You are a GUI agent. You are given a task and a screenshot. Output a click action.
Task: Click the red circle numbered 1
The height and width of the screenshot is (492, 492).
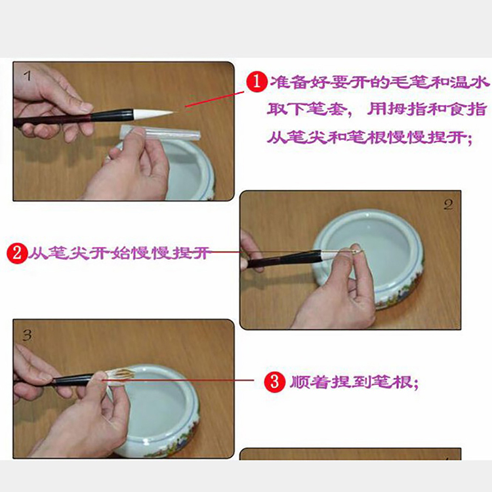click(256, 81)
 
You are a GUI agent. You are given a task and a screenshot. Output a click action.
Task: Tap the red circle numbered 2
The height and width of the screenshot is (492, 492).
click(17, 253)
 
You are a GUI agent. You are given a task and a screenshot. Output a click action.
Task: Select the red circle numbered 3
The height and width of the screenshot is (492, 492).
click(274, 382)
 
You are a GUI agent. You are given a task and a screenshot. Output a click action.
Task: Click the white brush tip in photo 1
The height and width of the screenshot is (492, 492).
click(154, 114)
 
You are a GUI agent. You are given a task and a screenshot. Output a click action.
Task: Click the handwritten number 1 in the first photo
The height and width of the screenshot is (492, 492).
click(27, 75)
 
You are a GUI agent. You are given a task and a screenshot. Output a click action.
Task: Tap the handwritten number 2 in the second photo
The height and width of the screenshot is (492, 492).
click(448, 205)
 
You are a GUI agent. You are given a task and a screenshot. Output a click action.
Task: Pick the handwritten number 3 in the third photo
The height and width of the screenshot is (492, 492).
click(27, 335)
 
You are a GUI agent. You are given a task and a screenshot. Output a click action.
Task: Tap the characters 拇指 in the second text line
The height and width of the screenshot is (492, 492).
click(405, 109)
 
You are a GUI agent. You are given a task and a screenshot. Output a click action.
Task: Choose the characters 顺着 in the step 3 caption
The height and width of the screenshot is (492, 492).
click(309, 382)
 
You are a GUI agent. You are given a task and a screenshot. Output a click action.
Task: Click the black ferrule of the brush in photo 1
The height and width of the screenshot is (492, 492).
click(112, 115)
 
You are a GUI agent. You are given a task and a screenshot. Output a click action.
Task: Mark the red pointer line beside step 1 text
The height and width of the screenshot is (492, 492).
click(215, 99)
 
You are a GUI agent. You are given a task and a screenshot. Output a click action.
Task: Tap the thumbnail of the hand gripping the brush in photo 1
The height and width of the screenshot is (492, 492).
click(85, 107)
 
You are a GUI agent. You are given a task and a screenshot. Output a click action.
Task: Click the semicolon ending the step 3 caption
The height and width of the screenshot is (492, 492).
click(416, 384)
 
